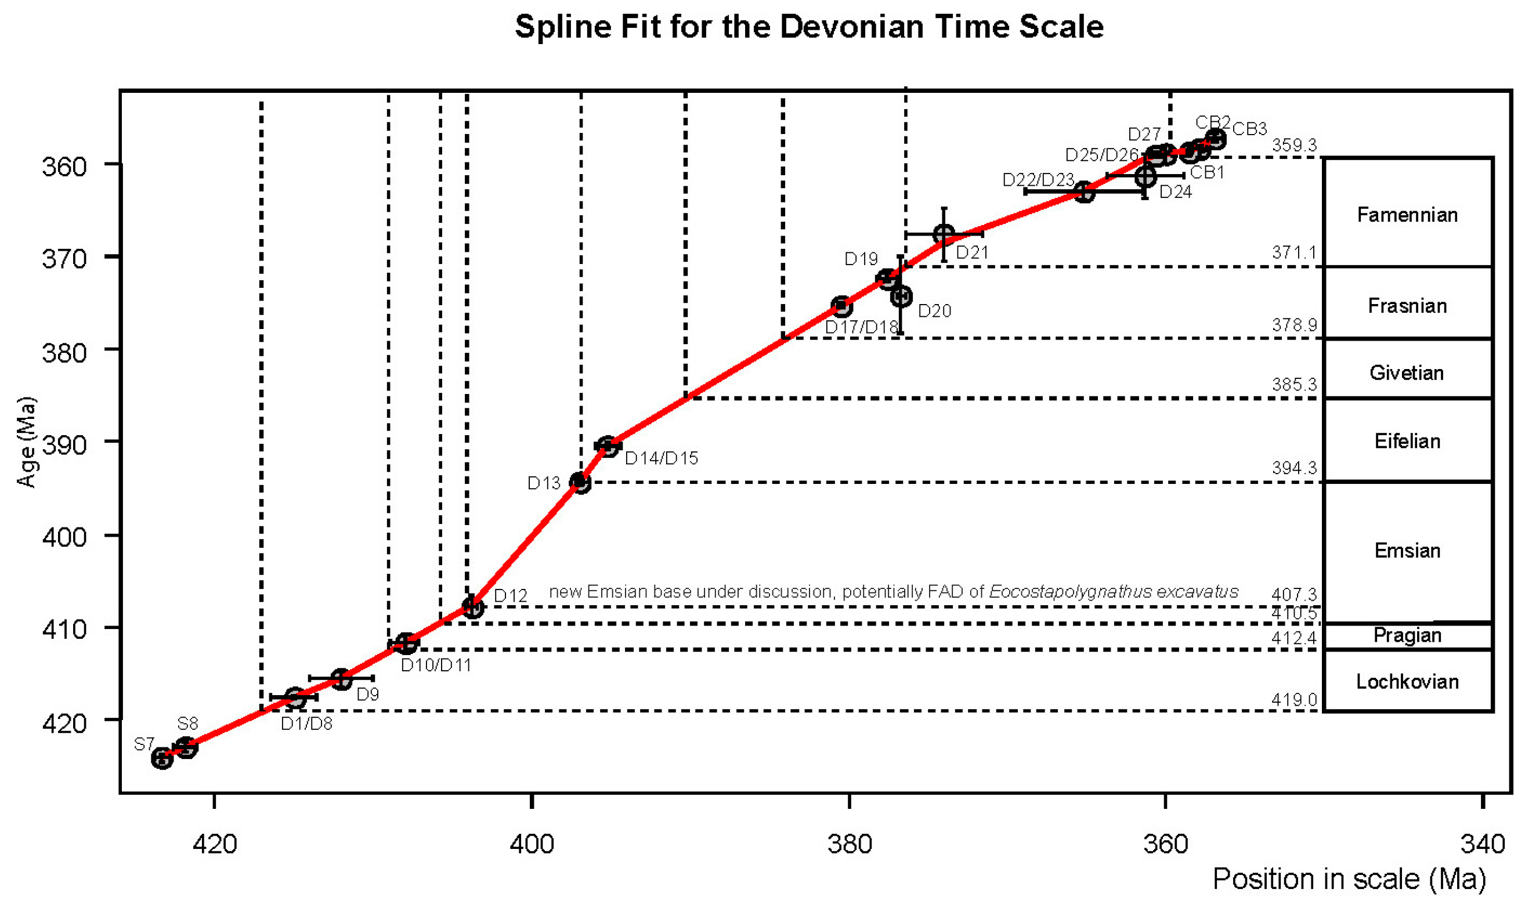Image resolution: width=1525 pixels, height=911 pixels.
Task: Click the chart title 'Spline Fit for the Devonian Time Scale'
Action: coord(808,27)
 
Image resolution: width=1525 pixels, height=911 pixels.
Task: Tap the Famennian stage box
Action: coord(1407,214)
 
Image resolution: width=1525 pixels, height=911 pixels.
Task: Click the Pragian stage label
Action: coord(1407,635)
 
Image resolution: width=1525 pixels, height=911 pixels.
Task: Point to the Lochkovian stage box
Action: coord(1407,681)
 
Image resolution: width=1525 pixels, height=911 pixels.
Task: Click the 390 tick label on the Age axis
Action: coord(64,444)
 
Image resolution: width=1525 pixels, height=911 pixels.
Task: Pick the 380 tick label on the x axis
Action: coord(849,844)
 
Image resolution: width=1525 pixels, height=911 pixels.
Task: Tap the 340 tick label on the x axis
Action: coord(1483,844)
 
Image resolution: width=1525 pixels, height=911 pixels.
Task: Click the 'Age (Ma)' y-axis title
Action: coord(26,442)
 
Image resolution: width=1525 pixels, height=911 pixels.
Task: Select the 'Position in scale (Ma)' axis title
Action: coord(1349,879)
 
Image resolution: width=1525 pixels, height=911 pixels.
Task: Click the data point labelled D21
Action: coord(944,234)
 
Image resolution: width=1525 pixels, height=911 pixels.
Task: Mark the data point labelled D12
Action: coord(472,608)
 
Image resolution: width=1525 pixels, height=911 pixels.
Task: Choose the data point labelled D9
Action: coord(341,678)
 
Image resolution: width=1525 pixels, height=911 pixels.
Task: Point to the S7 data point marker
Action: coord(162,758)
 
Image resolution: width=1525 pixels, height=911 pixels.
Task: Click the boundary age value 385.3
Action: coord(1293,384)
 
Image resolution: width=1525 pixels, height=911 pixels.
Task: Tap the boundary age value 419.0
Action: coord(1293,699)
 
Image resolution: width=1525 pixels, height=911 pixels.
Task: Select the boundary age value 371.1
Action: coord(1293,252)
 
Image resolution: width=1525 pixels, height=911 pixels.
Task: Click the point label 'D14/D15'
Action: coord(660,458)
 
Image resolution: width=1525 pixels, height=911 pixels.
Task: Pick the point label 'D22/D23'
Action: coord(1038,180)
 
